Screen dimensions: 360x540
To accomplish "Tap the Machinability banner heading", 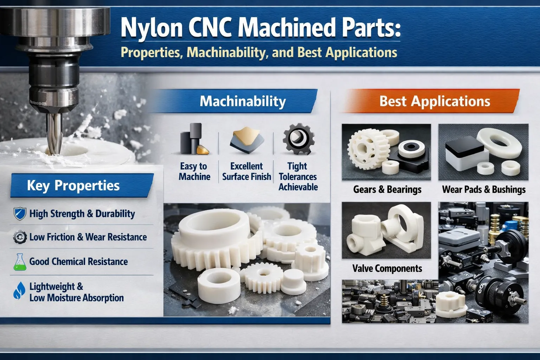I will (x=243, y=101).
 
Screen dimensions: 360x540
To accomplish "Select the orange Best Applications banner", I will (x=435, y=101).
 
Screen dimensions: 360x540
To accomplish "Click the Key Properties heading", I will (x=73, y=185).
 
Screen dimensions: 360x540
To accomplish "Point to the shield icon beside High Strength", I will (x=19, y=214).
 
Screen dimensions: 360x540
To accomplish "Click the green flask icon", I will (x=19, y=262).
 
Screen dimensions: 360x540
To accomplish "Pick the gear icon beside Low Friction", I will (x=20, y=237).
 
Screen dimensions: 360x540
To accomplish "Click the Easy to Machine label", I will (x=194, y=171).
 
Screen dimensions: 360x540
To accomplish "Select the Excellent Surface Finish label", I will (x=246, y=171).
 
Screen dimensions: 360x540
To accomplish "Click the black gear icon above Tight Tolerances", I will (x=298, y=139).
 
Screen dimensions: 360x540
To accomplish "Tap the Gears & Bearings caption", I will (x=387, y=189).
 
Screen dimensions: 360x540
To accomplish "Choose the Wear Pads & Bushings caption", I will (x=484, y=189).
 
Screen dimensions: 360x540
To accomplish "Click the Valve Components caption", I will (x=387, y=269).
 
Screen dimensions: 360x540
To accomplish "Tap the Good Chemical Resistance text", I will (x=78, y=262).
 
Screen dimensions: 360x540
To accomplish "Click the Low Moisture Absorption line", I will (x=76, y=298).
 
